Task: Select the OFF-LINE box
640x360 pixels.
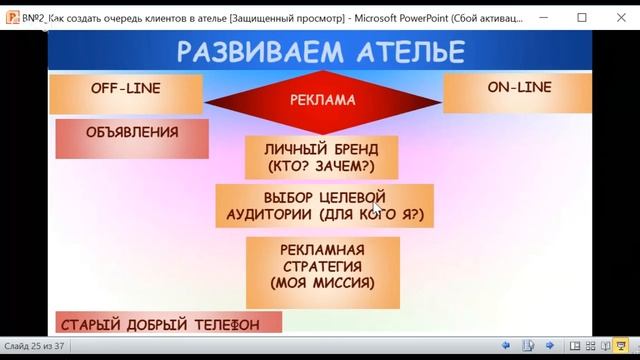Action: (125, 89)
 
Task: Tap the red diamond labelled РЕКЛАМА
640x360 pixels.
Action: (322, 100)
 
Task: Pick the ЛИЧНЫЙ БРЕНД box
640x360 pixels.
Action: (322, 155)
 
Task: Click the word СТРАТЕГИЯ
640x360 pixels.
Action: (322, 266)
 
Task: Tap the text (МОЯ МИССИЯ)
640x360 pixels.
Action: (322, 283)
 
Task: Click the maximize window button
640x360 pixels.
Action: (582, 17)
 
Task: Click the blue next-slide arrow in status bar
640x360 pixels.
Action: (549, 346)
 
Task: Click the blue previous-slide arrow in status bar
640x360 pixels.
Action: (506, 346)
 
